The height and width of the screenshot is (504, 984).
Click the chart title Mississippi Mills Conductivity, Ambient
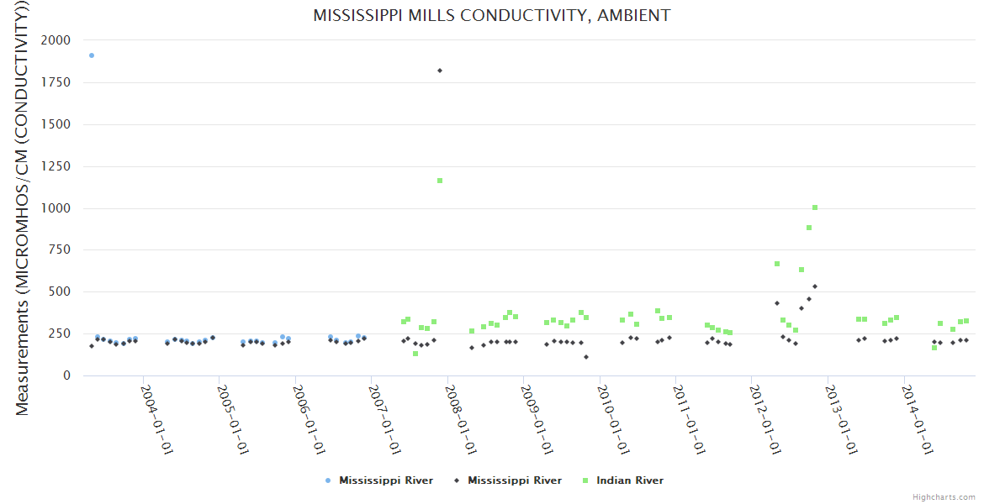(492, 15)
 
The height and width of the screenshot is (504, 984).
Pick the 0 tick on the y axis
(66, 375)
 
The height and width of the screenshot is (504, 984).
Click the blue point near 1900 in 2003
(92, 55)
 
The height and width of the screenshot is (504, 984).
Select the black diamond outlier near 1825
(440, 71)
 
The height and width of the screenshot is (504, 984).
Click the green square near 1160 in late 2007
(440, 181)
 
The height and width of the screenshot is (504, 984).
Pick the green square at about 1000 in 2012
(815, 207)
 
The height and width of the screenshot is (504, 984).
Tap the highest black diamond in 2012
(815, 286)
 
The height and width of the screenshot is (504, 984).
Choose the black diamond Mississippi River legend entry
(514, 480)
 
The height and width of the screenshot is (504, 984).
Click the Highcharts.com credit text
(944, 496)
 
